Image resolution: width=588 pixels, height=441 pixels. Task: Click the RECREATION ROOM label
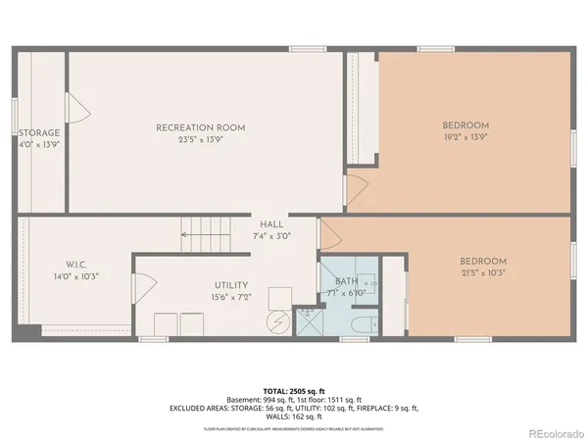coord(200,127)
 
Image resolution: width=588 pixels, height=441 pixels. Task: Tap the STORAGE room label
coord(39,133)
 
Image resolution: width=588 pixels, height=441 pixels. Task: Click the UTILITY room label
coord(231,285)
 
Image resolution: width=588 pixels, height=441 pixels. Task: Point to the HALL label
coord(270,223)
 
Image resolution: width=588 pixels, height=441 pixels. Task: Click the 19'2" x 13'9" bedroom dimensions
coord(465,138)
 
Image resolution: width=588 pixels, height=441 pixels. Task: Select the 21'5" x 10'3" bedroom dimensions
coord(483,273)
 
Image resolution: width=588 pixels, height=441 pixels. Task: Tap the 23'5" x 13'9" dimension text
coord(200,140)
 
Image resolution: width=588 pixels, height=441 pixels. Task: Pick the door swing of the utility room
coord(144,288)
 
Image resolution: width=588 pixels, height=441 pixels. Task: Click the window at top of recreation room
coord(307,49)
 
